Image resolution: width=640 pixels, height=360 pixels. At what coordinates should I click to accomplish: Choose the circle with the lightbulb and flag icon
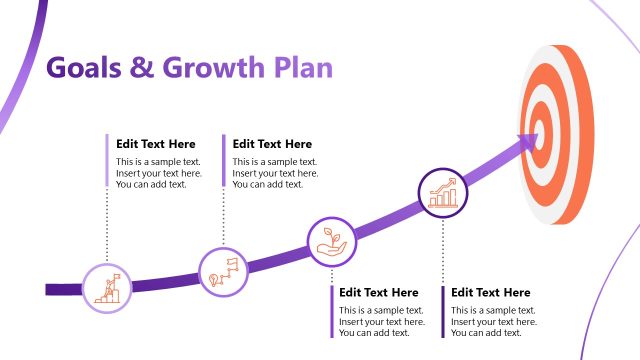[223, 271]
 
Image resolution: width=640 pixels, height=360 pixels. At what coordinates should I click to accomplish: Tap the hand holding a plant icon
[330, 242]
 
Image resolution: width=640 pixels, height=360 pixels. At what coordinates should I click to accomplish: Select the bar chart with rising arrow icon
[443, 192]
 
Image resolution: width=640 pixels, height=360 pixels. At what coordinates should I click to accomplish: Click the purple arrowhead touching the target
[527, 145]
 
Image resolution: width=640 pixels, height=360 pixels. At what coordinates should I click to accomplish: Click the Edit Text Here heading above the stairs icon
[156, 144]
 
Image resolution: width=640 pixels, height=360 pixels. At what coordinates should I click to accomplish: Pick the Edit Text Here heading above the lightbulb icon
[272, 144]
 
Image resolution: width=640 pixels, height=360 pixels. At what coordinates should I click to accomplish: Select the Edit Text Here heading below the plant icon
[379, 293]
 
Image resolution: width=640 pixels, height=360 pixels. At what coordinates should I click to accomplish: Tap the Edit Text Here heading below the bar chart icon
[491, 293]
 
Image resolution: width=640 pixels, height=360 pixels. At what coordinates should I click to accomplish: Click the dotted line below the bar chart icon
[443, 250]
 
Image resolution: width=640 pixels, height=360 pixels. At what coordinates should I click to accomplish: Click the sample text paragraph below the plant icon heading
[382, 321]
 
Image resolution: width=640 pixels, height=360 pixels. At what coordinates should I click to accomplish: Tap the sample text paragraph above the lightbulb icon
[275, 173]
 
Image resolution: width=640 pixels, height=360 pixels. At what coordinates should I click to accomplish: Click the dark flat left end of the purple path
[52, 289]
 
